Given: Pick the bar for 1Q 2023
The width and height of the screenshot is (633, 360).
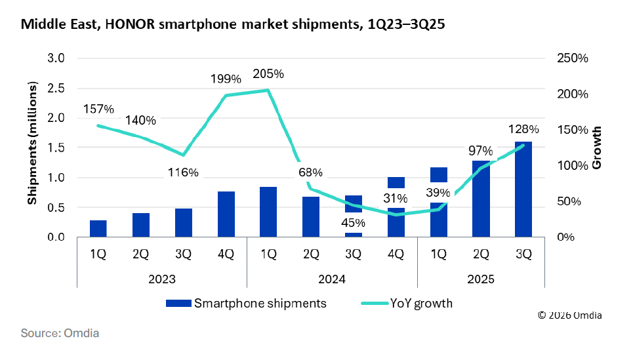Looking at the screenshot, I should point(98,228).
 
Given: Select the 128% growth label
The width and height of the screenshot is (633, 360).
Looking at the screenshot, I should point(523,129).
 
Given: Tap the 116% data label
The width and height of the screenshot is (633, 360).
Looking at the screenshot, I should point(182,173).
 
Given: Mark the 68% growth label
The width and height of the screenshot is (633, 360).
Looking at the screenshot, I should point(310,173).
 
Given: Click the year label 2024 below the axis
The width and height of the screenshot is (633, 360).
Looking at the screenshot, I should point(331,279).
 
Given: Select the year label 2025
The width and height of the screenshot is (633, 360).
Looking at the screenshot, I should point(481,279).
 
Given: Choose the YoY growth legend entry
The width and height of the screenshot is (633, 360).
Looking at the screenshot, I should point(407,304).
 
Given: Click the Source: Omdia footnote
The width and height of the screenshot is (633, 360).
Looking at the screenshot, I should point(60,333).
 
